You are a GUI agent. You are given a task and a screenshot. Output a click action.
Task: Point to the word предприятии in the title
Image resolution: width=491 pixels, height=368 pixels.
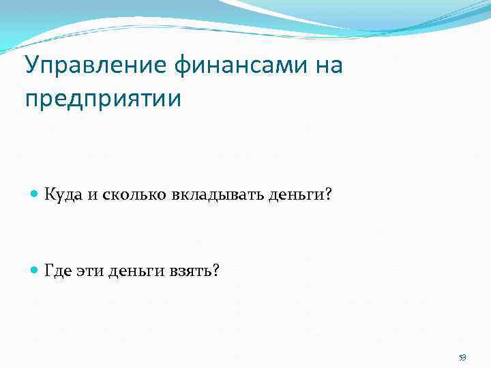103,99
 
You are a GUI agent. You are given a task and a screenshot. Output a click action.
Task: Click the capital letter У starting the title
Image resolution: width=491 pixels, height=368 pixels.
31,67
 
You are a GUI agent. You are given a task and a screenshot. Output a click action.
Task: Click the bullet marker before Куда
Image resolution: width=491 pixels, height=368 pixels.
35,196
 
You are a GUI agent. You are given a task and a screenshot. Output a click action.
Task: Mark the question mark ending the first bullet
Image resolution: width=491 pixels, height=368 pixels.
328,196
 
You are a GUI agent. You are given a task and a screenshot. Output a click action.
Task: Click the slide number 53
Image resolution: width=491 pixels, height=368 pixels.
462,358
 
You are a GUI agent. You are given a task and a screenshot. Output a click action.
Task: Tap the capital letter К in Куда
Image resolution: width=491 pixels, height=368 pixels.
49,196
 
